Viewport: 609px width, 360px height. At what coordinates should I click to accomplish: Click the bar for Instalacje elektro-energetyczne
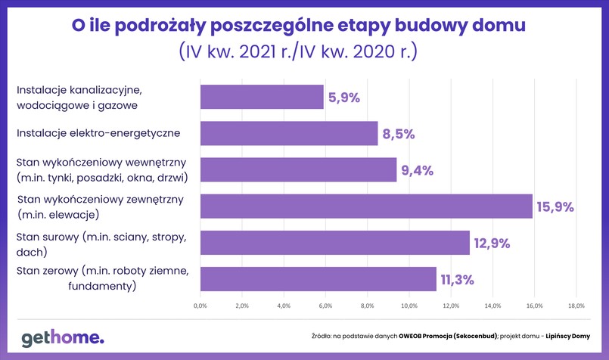(289, 134)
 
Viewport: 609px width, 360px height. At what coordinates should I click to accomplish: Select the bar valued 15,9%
(366, 206)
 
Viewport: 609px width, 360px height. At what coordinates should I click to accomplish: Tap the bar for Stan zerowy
(318, 279)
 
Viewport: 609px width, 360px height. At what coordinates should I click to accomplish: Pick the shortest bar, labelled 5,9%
(262, 98)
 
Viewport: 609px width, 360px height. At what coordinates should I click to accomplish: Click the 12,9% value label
(492, 243)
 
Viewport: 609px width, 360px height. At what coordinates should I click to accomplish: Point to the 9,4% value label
(418, 170)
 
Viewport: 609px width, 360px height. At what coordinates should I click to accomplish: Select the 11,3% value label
(456, 279)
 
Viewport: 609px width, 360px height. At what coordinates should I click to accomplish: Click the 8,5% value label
(399, 134)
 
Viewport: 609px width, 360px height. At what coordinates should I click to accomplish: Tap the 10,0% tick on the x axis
(409, 306)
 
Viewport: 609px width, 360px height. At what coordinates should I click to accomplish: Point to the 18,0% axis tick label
(576, 306)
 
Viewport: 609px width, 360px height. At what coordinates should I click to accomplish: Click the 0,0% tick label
(200, 306)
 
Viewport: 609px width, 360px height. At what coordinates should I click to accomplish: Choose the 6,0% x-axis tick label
(325, 306)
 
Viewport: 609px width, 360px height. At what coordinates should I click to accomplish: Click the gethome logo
(62, 337)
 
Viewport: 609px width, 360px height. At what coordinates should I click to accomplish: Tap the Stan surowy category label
(101, 243)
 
